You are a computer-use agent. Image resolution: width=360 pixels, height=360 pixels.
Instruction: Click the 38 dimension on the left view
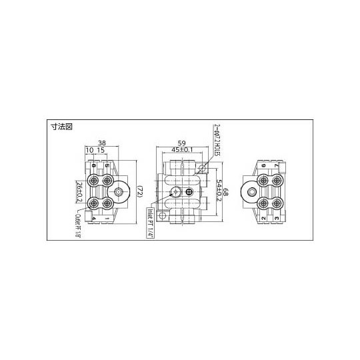click(102, 142)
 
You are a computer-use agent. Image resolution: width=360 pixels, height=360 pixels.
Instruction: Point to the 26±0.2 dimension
click(79, 191)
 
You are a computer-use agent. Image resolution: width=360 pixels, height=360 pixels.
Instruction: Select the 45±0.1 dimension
click(180, 151)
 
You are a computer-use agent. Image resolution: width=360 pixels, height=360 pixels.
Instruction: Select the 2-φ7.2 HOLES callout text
click(217, 138)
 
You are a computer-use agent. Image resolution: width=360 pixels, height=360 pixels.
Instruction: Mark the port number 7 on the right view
click(277, 165)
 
